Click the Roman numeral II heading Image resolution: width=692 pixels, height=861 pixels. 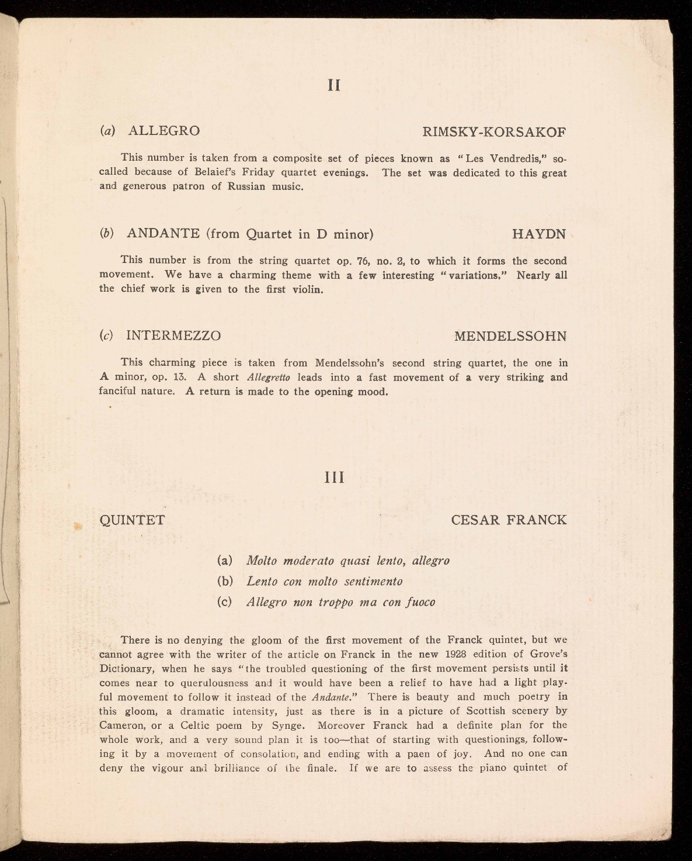(x=333, y=85)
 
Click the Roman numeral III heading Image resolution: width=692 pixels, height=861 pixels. (x=334, y=478)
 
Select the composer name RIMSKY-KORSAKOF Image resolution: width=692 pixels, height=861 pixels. (x=494, y=132)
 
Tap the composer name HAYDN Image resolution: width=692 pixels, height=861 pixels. (x=539, y=234)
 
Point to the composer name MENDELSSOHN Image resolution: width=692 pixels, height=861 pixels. (x=510, y=337)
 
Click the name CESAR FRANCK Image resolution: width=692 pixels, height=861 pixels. (x=509, y=520)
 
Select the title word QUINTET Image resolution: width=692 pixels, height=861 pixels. (x=133, y=520)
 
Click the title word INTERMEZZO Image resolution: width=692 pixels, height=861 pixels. (x=173, y=336)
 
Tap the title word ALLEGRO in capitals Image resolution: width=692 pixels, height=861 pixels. (x=164, y=131)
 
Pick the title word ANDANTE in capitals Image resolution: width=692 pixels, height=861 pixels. (x=164, y=234)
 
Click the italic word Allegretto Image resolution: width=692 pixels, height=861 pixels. (x=269, y=378)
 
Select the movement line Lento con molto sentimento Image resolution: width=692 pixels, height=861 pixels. (x=325, y=582)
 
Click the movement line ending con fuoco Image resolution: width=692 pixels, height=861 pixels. (x=341, y=602)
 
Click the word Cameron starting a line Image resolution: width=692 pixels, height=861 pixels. (x=121, y=725)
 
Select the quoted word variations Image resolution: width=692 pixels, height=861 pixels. (x=474, y=275)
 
